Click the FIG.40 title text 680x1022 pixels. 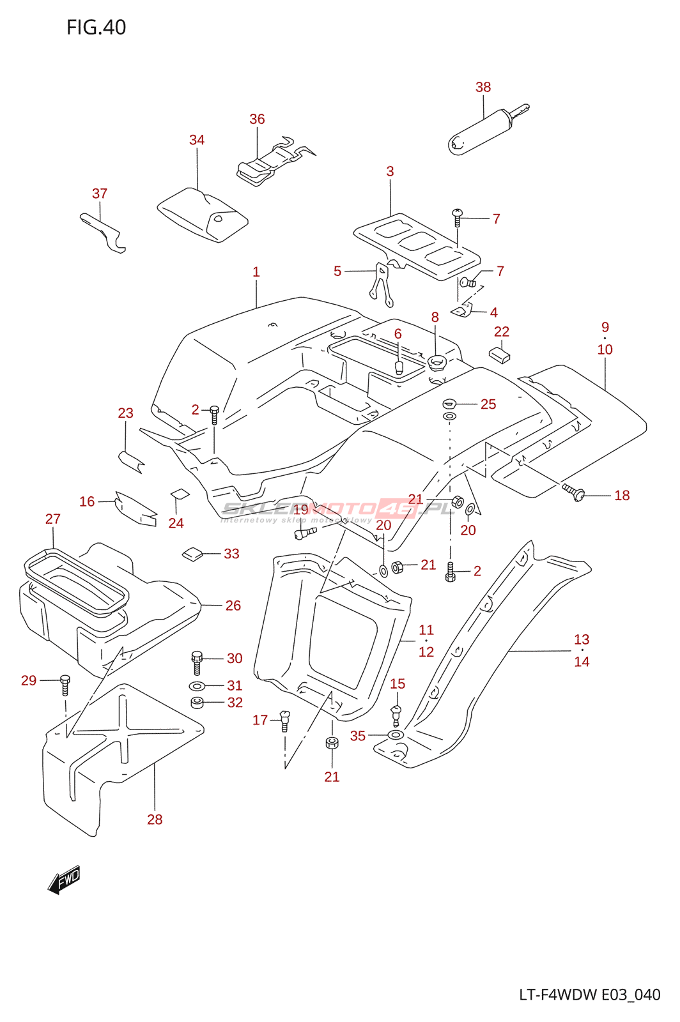pyautogui.click(x=96, y=27)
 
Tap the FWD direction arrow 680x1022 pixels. pyautogui.click(x=65, y=879)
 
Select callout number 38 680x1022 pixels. pyautogui.click(x=483, y=87)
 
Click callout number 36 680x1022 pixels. pyautogui.click(x=257, y=119)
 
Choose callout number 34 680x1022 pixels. pyautogui.click(x=197, y=140)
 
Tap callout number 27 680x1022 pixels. pyautogui.click(x=53, y=519)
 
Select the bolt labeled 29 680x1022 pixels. pyautogui.click(x=65, y=684)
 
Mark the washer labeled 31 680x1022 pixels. pyautogui.click(x=197, y=686)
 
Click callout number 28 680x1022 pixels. pyautogui.click(x=155, y=820)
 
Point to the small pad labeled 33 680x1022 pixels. pyautogui.click(x=192, y=553)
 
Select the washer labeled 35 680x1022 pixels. pyautogui.click(x=396, y=735)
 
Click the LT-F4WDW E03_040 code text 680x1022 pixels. pyautogui.click(x=589, y=995)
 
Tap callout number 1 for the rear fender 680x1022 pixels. pyautogui.click(x=256, y=272)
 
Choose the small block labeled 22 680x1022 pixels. pyautogui.click(x=500, y=355)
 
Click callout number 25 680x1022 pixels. pyautogui.click(x=488, y=404)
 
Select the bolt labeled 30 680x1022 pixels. pyautogui.click(x=197, y=662)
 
